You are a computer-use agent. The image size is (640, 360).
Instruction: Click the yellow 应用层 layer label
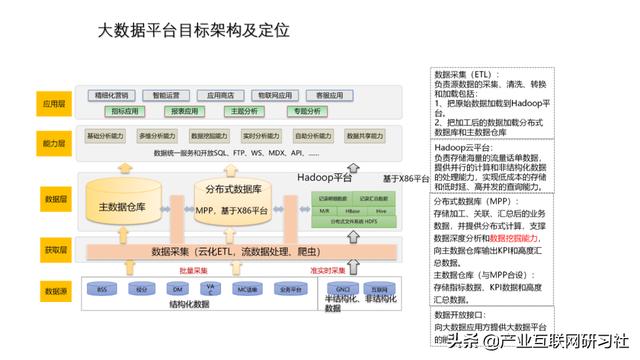pos(53,103)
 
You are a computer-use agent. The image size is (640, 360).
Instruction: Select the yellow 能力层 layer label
pos(53,143)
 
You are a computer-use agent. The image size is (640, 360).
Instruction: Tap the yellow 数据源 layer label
pos(53,292)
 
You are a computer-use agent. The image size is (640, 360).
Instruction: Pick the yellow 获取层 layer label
pos(53,247)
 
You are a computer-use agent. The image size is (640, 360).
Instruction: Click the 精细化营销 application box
pos(112,95)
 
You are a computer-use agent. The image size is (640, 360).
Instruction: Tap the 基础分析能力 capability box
pos(106,135)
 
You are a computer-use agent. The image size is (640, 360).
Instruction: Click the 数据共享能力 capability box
pos(366,135)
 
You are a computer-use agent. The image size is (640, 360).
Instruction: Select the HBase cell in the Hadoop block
pos(353,212)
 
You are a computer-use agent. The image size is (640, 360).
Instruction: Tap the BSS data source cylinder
pos(101,289)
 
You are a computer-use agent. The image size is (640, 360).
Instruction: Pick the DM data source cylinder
pos(177,289)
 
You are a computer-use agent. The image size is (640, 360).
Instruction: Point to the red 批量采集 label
pos(193,270)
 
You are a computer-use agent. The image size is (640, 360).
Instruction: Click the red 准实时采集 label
pos(327,270)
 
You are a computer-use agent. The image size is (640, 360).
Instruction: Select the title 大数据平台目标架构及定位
pos(194,31)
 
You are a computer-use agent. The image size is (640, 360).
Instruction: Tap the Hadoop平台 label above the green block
pos(324,176)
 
